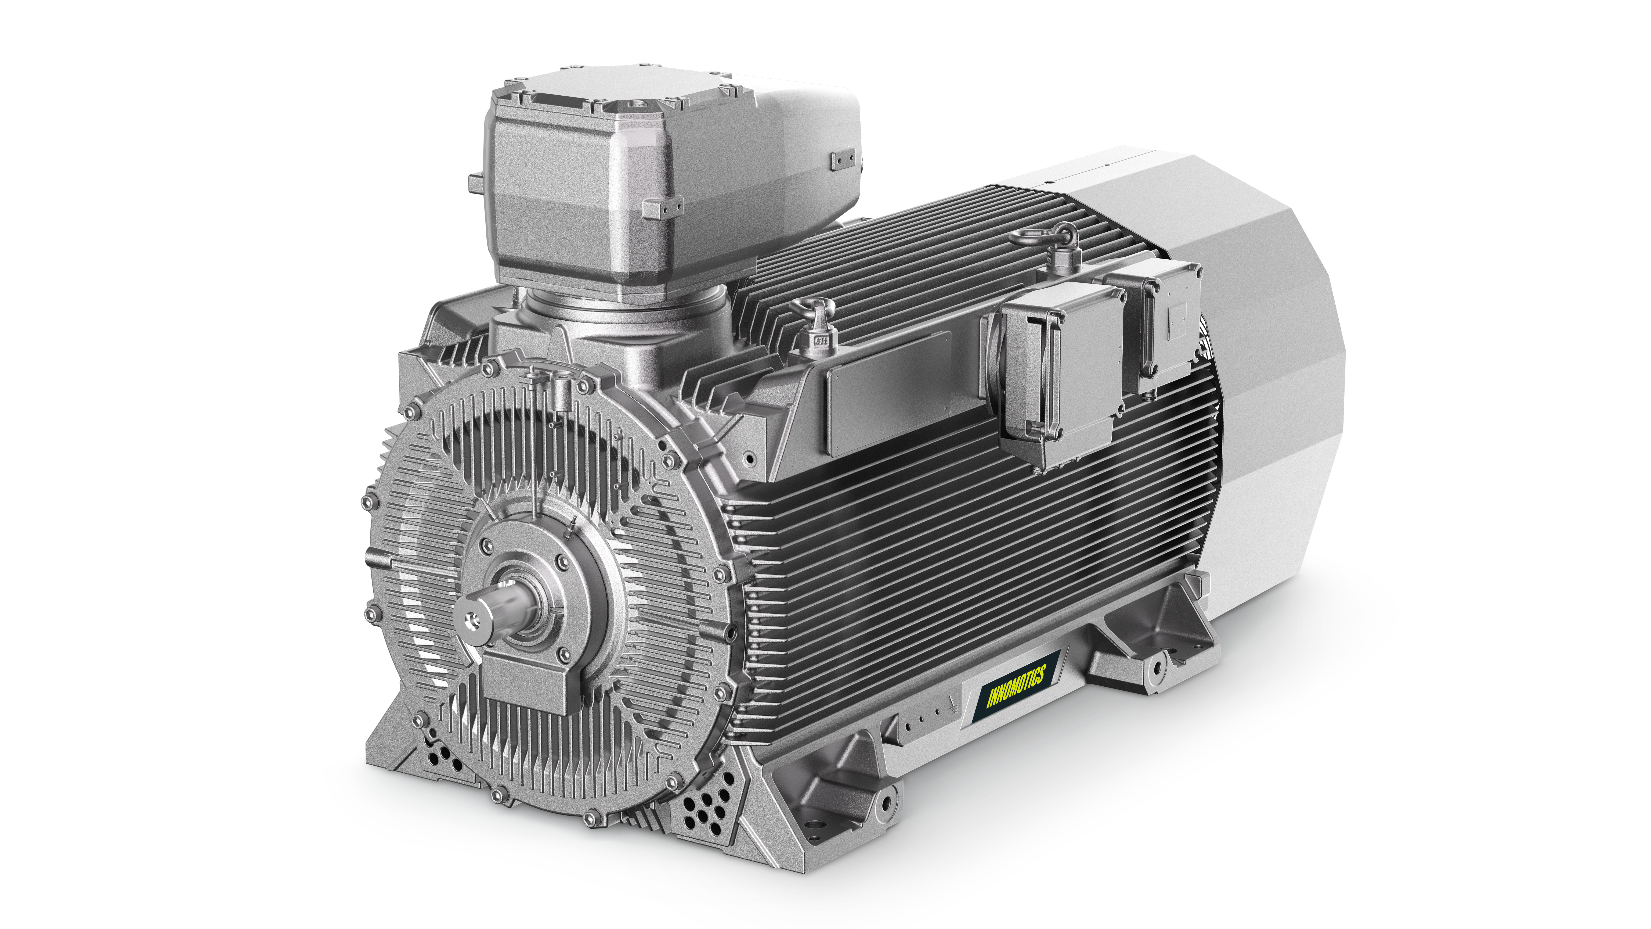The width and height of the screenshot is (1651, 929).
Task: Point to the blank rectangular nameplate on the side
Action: (888, 394)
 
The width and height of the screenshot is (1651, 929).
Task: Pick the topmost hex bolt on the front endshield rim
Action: (492, 367)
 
